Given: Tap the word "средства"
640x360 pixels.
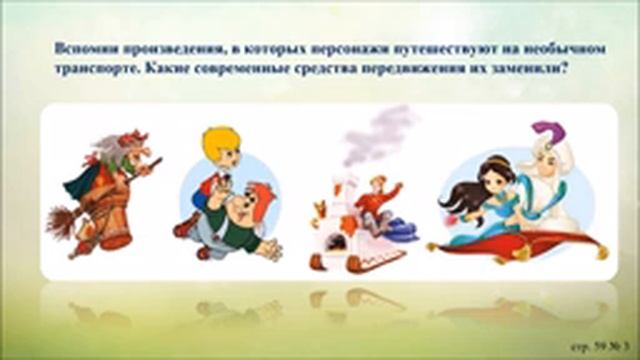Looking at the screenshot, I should [x=320, y=69].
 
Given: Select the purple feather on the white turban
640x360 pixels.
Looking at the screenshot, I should [x=544, y=134].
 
